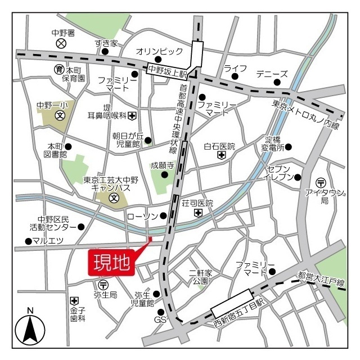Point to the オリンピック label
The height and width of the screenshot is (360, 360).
160,51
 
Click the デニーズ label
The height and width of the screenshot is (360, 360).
272,74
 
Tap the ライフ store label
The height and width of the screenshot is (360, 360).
235,69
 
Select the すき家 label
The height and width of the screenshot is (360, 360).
106,43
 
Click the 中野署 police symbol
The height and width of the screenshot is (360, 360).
62,43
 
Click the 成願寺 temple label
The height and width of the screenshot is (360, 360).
162,165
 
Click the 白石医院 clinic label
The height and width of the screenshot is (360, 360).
219,146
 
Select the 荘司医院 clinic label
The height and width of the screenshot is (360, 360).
197,203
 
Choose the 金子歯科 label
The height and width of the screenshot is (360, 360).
78,314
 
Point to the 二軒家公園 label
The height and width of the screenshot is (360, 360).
200,277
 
